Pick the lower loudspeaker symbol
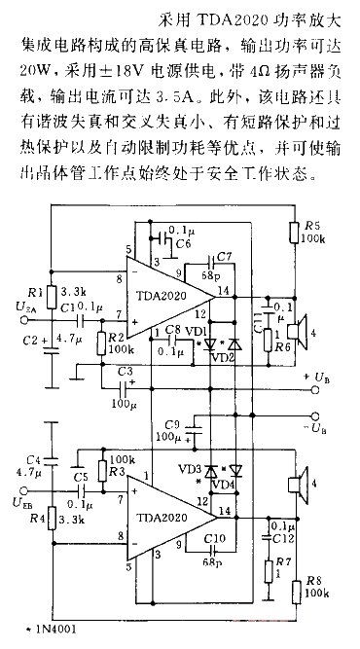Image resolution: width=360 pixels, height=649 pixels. [305, 483]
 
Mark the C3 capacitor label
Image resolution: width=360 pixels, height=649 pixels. [124, 371]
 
